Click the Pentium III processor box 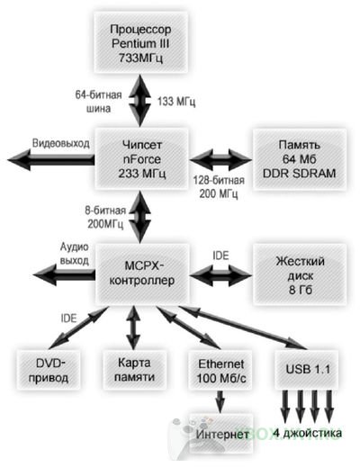(x=141, y=42)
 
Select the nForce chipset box (x=141, y=159)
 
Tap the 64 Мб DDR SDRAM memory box (x=300, y=159)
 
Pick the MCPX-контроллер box (x=142, y=274)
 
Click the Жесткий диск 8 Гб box (x=300, y=274)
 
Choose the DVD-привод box (x=49, y=371)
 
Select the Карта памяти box (x=134, y=370)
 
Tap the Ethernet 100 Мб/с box (x=220, y=371)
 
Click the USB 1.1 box (x=307, y=369)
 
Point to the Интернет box (x=221, y=434)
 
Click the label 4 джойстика (x=307, y=433)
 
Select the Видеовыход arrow (x=51, y=160)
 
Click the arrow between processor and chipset (x=139, y=101)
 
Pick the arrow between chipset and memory (x=220, y=159)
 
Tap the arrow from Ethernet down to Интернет (x=220, y=402)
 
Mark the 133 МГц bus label (x=176, y=102)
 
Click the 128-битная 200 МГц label (x=219, y=187)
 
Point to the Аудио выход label (x=75, y=254)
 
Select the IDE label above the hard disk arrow (x=220, y=256)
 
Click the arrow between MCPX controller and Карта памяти (x=133, y=328)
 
